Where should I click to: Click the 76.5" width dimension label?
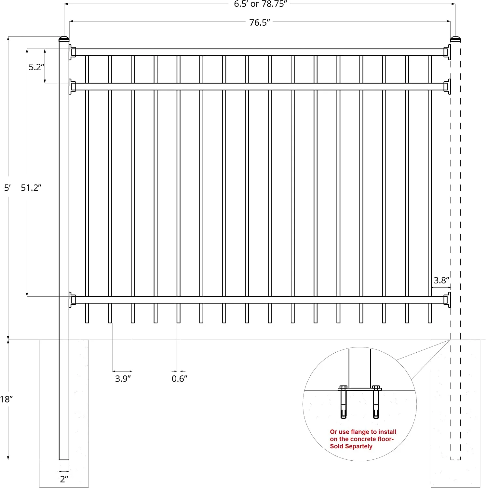260,22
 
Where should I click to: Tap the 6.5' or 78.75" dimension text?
261,4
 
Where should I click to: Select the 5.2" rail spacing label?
36,67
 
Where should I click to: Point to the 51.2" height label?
31,188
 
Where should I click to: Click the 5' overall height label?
7,188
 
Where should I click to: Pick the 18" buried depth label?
6,399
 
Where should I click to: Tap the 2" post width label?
64,479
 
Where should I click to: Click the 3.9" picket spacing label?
123,379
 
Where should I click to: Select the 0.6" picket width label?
180,379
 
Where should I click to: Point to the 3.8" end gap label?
441,280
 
